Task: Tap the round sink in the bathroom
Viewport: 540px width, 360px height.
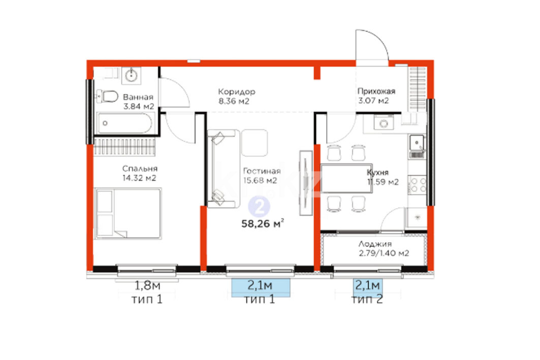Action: (131, 75)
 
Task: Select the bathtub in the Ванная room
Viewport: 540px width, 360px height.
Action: (124, 123)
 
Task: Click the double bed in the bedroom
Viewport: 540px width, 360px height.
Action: (128, 213)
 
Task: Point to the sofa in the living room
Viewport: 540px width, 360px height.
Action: (223, 169)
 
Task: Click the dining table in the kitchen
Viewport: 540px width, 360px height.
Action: (346, 178)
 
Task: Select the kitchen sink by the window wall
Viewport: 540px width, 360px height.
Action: (417, 146)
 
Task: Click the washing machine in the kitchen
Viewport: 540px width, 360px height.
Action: (384, 122)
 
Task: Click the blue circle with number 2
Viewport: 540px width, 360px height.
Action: (259, 207)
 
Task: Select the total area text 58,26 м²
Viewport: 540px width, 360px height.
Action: (263, 224)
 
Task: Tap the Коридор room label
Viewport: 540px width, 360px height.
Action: (237, 92)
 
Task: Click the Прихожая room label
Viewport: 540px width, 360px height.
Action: (376, 91)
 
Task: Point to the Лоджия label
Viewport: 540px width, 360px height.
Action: (375, 244)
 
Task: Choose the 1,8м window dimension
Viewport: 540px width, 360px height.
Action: (147, 285)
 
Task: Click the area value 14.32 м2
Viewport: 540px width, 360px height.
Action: (139, 178)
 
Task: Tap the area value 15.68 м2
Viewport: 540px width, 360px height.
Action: (260, 180)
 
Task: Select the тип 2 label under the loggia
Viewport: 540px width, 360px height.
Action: (367, 299)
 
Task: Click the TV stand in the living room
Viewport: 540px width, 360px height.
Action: (306, 183)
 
